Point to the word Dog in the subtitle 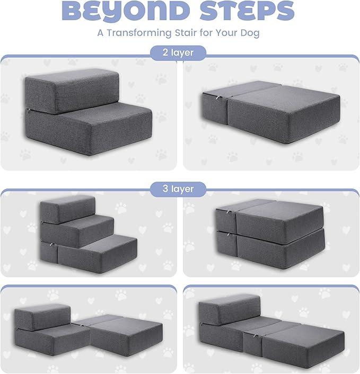251,33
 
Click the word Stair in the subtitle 193,33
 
